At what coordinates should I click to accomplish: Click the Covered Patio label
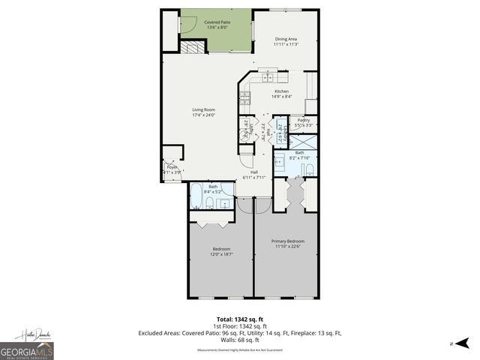tap(217, 23)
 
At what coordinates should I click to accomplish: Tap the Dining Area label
tap(286, 39)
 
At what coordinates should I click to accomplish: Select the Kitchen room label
tap(281, 91)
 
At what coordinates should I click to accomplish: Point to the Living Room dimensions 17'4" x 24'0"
tap(203, 115)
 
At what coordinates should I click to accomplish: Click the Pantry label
tap(304, 120)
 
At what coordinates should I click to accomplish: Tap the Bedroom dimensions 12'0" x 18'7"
tap(221, 254)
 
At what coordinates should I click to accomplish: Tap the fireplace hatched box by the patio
tap(193, 47)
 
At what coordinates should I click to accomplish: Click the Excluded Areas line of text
tap(239, 332)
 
